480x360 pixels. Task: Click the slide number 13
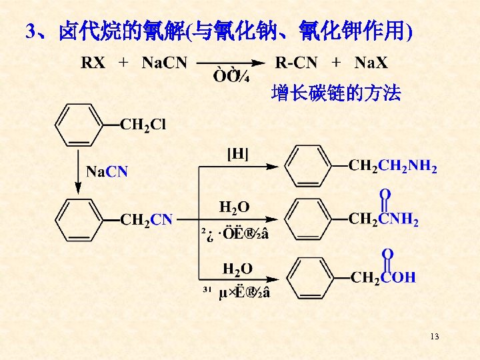click(x=435, y=336)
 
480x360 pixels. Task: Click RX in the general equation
click(x=93, y=63)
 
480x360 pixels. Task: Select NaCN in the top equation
click(x=165, y=63)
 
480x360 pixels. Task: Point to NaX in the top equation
click(x=371, y=63)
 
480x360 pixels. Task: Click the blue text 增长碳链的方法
click(x=336, y=94)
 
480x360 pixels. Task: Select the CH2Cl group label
click(x=143, y=125)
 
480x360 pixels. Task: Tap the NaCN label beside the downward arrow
click(x=107, y=172)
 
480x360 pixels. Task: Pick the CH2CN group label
click(x=146, y=219)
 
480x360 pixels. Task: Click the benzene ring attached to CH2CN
click(x=78, y=219)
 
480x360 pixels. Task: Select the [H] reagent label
click(x=238, y=155)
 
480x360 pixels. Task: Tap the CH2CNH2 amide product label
click(x=384, y=219)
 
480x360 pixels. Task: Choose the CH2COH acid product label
click(x=383, y=277)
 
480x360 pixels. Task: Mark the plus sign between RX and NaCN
click(x=123, y=63)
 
